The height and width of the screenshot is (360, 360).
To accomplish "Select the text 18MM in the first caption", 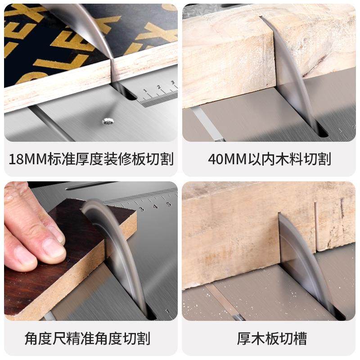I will [x=29, y=159].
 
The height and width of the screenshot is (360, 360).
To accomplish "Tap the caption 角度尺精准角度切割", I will [x=87, y=338].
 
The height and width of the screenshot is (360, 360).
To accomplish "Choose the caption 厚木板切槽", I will [x=269, y=338].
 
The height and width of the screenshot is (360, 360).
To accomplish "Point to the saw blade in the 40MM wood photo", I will [x=292, y=76].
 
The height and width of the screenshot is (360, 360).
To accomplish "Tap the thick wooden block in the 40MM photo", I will [x=225, y=58].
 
